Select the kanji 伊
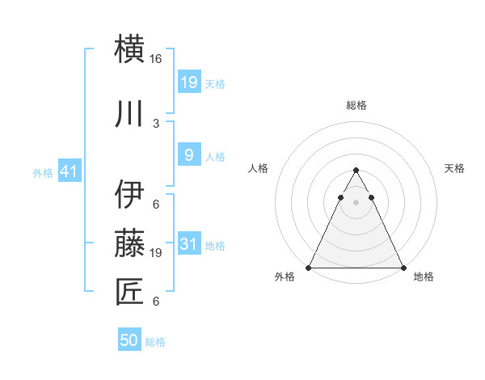pos(131,194)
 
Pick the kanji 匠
pos(131,291)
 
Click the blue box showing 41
pos(69,172)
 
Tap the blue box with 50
pos(129,340)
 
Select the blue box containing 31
pos(188,245)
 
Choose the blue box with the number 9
pos(188,155)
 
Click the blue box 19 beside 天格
pos(188,82)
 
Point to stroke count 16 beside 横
pos(156,59)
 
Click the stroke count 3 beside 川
pos(155,124)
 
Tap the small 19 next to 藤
pos(156,253)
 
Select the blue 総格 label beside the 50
pos(155,342)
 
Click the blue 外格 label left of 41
pos(42,173)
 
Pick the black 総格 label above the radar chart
pos(356,105)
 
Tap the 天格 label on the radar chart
pos(455,168)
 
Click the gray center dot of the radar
pos(356,202)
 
